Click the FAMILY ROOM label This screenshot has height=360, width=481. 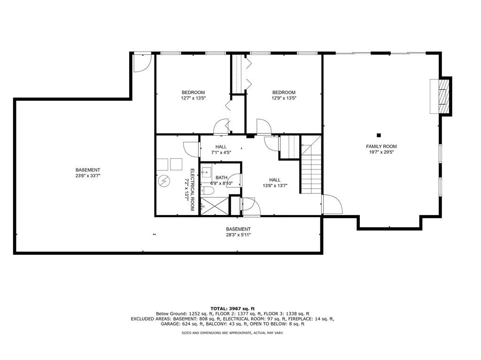[x=381, y=146]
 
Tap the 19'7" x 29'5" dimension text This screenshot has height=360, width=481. [x=381, y=152]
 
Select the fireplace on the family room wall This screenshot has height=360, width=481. [x=441, y=96]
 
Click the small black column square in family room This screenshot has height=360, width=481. [x=379, y=134]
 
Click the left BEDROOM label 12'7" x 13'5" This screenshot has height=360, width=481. [x=194, y=92]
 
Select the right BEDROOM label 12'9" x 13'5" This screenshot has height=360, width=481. [x=284, y=92]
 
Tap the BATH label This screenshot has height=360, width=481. [x=221, y=177]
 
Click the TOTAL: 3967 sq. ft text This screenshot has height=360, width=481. [x=233, y=307]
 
